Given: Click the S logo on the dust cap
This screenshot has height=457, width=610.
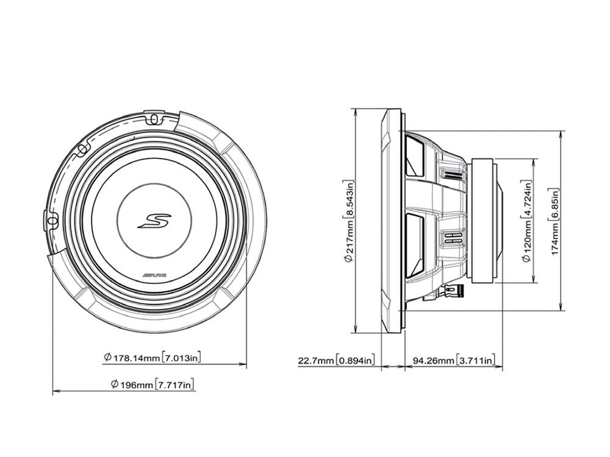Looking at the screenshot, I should tap(154, 220).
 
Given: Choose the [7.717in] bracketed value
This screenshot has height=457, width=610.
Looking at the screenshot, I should tap(176, 384).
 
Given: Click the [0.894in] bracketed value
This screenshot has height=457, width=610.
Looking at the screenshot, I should tap(356, 360).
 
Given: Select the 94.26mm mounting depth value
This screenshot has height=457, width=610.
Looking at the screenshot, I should tap(433, 360).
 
